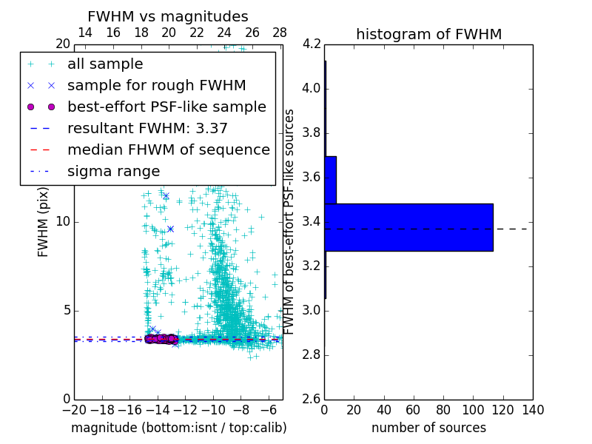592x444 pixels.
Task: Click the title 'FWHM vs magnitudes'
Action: pyautogui.click(x=168, y=16)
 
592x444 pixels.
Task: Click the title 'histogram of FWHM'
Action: pyautogui.click(x=428, y=34)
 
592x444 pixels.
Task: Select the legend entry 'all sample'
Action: pyautogui.click(x=105, y=64)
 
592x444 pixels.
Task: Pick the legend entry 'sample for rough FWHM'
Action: pyautogui.click(x=156, y=85)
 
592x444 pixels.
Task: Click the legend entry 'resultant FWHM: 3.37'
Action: pyautogui.click(x=147, y=128)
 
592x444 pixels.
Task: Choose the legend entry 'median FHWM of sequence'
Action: pyautogui.click(x=168, y=149)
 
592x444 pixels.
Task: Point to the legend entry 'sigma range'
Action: pyautogui.click(x=113, y=171)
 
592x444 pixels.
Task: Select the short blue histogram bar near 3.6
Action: pyautogui.click(x=330, y=180)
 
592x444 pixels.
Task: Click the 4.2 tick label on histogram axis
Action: pyautogui.click(x=312, y=44)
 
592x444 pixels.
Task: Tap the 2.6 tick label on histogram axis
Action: pyautogui.click(x=312, y=398)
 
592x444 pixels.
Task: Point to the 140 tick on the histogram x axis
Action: pyautogui.click(x=533, y=410)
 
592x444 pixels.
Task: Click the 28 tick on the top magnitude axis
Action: pyautogui.click(x=280, y=33)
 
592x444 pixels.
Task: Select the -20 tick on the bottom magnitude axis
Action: pyautogui.click(x=74, y=410)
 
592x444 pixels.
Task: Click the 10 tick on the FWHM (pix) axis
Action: pyautogui.click(x=62, y=222)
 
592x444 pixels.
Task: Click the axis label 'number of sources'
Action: pyautogui.click(x=428, y=428)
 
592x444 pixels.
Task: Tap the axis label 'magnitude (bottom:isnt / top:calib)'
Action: pyautogui.click(x=178, y=428)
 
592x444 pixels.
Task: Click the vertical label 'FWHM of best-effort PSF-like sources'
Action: pyautogui.click(x=290, y=221)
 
